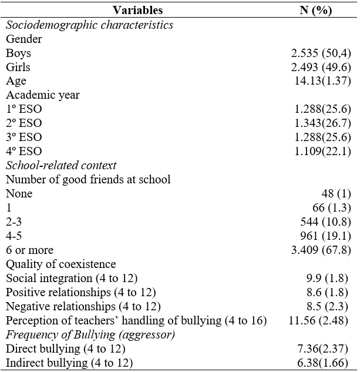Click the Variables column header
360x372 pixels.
(137, 11)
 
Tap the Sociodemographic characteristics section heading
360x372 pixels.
(89, 25)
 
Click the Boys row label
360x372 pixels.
(19, 53)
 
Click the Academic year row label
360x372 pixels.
(43, 95)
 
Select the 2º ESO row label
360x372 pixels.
(24, 123)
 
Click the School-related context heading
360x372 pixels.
(61, 165)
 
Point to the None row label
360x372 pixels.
(19, 193)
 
